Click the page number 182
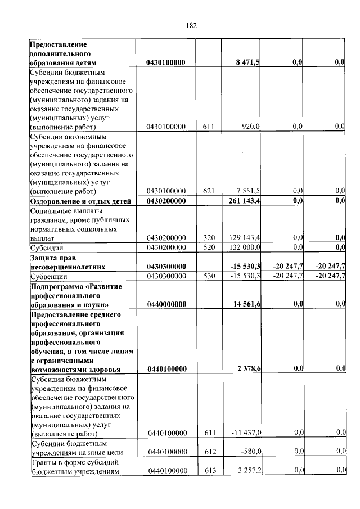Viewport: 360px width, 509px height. coord(191,25)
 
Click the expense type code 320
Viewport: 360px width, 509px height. coord(209,238)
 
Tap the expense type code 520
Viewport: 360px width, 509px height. coord(209,247)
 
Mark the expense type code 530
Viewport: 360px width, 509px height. coord(209,276)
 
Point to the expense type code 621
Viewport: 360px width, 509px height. coord(209,191)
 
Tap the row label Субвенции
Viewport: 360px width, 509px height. coord(49,276)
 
